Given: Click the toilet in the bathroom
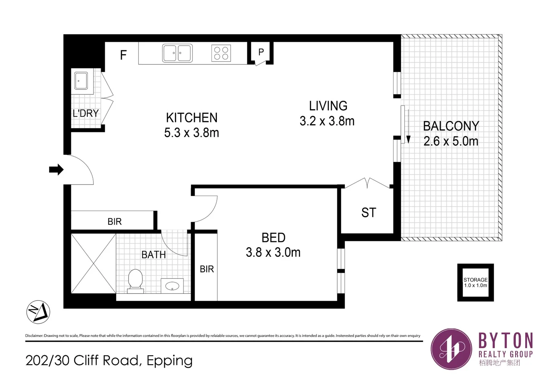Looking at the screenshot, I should pos(136,280).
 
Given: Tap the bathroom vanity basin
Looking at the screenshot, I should pos(172,286).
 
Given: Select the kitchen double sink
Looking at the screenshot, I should pos(177,53).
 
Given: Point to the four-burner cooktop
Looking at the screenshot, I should pos(221,53).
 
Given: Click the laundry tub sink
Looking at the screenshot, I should pos(81,80).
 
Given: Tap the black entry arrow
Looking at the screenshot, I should pos(56,169).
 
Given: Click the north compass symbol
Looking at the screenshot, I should pos(38,312).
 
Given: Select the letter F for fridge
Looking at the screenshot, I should pos(123,55).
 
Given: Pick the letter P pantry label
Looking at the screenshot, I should pos(261,52).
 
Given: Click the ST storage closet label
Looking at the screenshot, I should pos(368,213).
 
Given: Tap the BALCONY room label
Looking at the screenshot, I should pos(451,126).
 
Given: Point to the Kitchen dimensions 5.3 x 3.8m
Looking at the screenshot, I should pos(192,133).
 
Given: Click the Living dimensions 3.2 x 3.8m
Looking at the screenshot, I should pos(327,121).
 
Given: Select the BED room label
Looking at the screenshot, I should pos(273,238).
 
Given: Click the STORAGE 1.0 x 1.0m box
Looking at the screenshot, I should pos(475,282).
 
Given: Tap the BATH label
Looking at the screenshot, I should pos(154,255).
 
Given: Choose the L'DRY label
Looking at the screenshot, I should pos(86,113).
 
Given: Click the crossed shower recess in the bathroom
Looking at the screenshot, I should pos(93,263).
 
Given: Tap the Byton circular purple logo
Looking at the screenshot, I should pos(451,349).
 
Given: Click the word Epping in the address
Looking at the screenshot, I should pos(170,361).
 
